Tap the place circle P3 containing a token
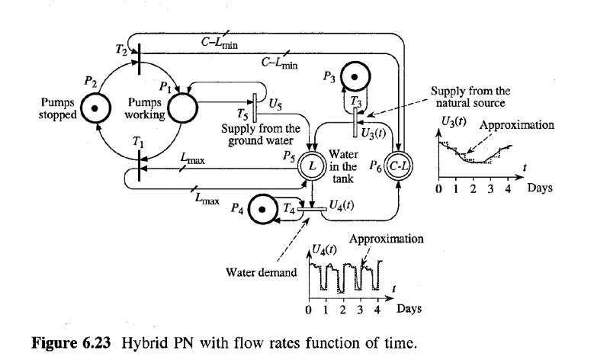click(x=356, y=78)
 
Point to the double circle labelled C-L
click(x=398, y=164)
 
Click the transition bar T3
click(x=356, y=114)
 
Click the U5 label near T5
click(x=278, y=104)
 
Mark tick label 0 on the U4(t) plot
click(x=309, y=310)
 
